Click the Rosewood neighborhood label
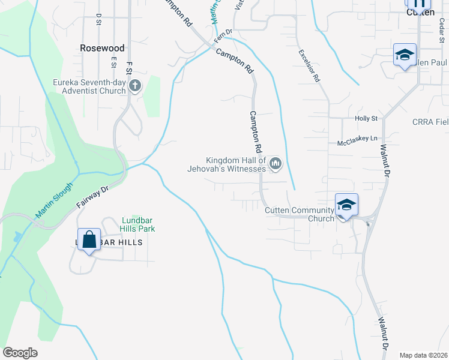point(103,47)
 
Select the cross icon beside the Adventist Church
point(134,86)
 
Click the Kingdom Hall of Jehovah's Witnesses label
point(235,164)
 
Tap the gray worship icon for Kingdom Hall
point(276,163)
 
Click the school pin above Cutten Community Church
point(346,205)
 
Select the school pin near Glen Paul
point(405,55)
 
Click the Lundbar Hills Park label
point(139,224)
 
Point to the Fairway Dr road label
point(92,197)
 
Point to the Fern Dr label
point(223,35)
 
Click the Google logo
point(20,353)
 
